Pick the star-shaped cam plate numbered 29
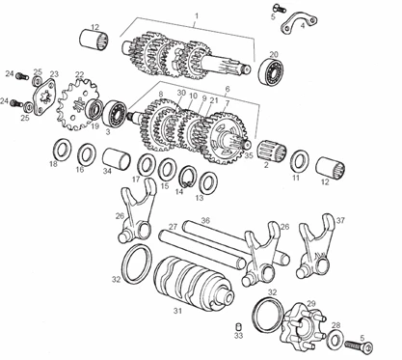click(303, 326)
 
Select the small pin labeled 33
click(238, 326)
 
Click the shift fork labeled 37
click(315, 246)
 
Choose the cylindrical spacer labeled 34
click(117, 159)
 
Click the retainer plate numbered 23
click(44, 97)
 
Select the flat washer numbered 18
click(63, 150)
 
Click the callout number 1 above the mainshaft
click(197, 15)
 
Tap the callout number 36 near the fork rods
click(205, 220)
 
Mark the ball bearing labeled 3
click(116, 114)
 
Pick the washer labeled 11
click(301, 161)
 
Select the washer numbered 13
click(209, 182)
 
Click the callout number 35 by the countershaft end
click(249, 155)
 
